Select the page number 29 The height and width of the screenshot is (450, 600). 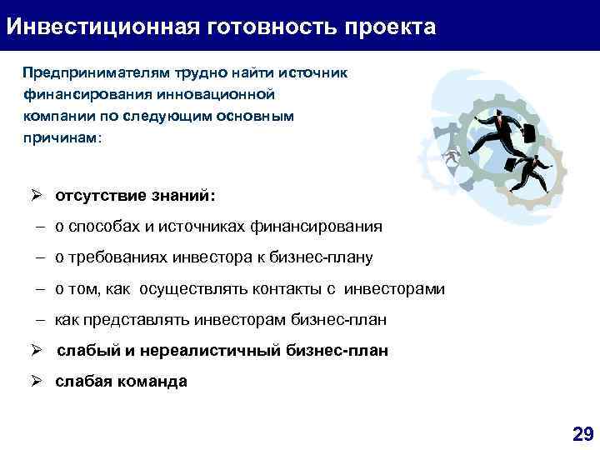point(582,433)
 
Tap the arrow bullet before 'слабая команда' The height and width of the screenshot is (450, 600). point(37,382)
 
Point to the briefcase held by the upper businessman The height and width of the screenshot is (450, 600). point(529,133)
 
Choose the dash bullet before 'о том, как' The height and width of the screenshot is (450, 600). point(39,289)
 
